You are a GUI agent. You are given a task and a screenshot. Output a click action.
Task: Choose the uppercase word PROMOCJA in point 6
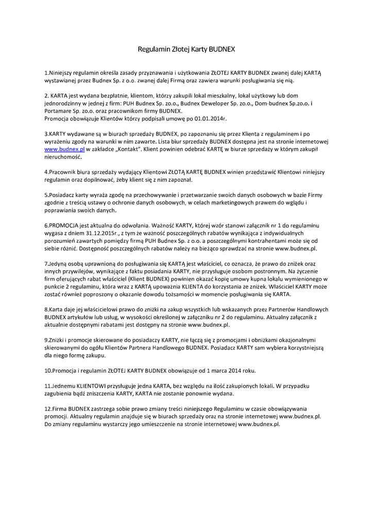64,225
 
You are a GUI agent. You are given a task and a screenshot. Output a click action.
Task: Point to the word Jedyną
57,263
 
